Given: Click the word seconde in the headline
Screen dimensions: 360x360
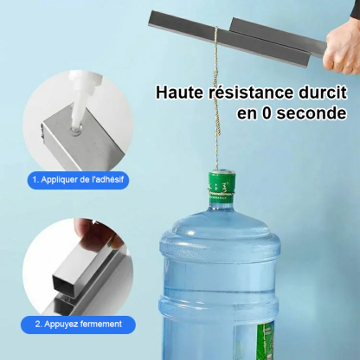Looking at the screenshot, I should (x=307, y=114).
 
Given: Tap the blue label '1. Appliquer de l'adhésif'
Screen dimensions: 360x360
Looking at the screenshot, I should (x=78, y=181).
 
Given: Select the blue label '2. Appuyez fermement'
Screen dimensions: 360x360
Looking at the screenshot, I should (x=79, y=325).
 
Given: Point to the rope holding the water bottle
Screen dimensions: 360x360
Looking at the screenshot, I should (x=216, y=104).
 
